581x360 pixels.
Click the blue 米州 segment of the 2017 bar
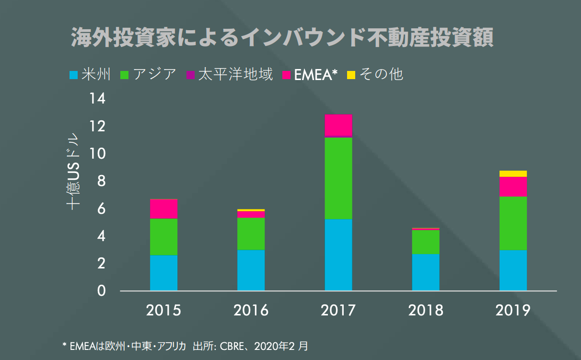pos(338,255)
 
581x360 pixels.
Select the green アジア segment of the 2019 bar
pos(513,223)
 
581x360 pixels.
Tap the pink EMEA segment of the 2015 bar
pos(163,209)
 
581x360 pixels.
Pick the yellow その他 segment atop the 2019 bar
pos(513,174)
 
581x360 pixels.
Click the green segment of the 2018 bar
pos(426,242)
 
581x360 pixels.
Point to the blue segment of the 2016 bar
pos(251,270)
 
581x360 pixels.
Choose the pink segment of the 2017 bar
pos(338,125)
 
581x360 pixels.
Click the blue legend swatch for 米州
pos(73,75)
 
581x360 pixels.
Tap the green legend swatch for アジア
pos(125,75)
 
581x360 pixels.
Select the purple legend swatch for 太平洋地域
pos(190,75)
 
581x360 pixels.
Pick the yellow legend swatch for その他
pos(351,75)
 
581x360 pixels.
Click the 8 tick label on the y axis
pos(99,181)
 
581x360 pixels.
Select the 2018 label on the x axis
pos(426,310)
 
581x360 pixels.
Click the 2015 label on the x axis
pos(163,310)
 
